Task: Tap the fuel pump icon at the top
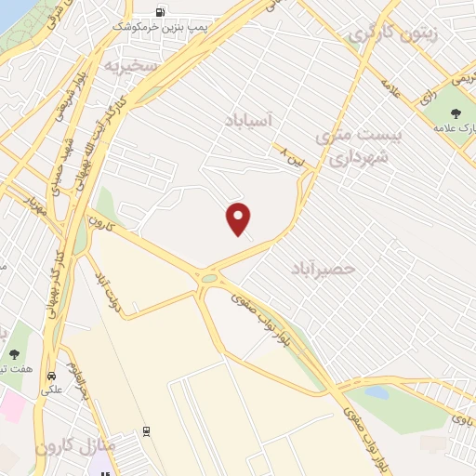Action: click(162, 13)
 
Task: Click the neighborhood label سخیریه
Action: click(126, 67)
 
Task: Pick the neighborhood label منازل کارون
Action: click(76, 446)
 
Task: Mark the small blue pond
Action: click(377, 391)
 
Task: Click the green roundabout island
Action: click(210, 277)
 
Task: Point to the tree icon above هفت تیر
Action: click(16, 353)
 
